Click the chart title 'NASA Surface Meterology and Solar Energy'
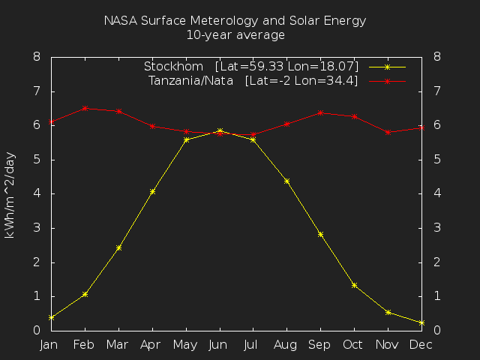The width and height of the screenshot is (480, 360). pos(235,21)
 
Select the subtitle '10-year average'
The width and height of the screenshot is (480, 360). pos(235,34)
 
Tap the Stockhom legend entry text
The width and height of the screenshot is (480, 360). pos(251,67)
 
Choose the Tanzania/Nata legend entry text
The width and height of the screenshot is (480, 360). pos(253,80)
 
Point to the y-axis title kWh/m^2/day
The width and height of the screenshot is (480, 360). pos(10,193)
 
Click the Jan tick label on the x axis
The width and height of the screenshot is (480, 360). pos(49,344)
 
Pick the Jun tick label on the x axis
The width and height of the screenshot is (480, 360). pos(219,344)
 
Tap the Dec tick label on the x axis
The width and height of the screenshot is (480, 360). pos(421,344)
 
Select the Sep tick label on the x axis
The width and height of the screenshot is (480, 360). pos(320,344)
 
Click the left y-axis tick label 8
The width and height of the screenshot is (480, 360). pos(37,57)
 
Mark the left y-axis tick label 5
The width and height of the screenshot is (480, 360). pos(37,160)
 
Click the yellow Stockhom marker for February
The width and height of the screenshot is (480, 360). pos(85,294)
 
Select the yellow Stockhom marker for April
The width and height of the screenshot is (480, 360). pos(152,191)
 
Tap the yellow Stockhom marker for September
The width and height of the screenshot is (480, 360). pos(320,234)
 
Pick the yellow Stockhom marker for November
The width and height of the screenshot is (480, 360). pos(388,312)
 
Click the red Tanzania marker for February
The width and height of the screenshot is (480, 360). pos(85,108)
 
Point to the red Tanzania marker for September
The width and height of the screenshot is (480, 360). pos(320,112)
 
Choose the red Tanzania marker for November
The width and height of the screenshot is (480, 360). pos(388,132)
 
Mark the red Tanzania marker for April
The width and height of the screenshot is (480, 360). pos(152,126)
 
